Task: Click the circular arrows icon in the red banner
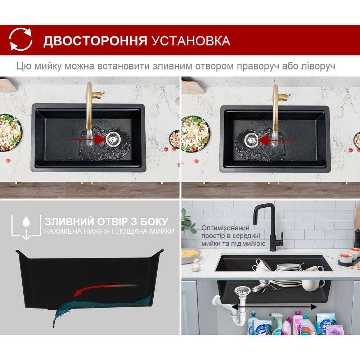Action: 21,39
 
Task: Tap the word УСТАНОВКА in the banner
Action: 191,41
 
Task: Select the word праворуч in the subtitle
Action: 258,66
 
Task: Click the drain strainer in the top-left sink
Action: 112,139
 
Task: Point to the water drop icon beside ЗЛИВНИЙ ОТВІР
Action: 26,221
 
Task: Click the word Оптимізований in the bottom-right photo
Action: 225,228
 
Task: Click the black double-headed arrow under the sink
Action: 274,306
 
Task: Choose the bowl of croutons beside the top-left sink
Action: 174,139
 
